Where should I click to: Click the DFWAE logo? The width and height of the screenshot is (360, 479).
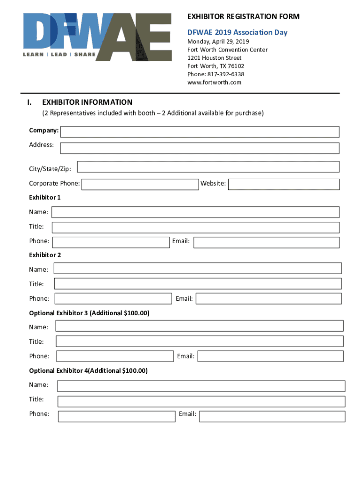click(97, 36)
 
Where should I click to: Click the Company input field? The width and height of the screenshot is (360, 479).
click(200, 132)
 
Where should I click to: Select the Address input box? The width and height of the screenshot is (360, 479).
click(200, 148)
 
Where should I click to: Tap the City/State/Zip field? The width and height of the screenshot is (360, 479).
click(208, 167)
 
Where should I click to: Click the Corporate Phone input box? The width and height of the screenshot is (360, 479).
click(140, 184)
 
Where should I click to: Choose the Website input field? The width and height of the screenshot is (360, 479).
click(284, 184)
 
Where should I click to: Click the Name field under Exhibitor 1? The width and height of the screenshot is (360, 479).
click(195, 212)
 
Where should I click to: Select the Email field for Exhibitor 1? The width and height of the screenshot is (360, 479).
click(266, 242)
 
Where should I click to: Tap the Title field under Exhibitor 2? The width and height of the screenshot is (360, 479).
click(198, 283)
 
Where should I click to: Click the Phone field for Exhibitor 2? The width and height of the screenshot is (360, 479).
click(113, 298)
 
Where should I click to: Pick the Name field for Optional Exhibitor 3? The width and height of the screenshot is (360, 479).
click(200, 326)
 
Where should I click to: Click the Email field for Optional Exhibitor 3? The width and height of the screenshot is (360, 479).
click(270, 356)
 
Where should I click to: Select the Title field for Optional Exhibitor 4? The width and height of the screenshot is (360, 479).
click(201, 401)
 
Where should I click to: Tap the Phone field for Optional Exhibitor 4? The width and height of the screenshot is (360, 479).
click(117, 416)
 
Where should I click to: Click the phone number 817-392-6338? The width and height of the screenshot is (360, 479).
click(216, 74)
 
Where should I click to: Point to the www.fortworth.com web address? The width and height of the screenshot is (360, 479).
click(214, 82)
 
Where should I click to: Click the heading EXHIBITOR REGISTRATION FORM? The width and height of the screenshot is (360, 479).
click(243, 17)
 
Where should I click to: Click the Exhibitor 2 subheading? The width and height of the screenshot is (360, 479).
click(45, 255)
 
